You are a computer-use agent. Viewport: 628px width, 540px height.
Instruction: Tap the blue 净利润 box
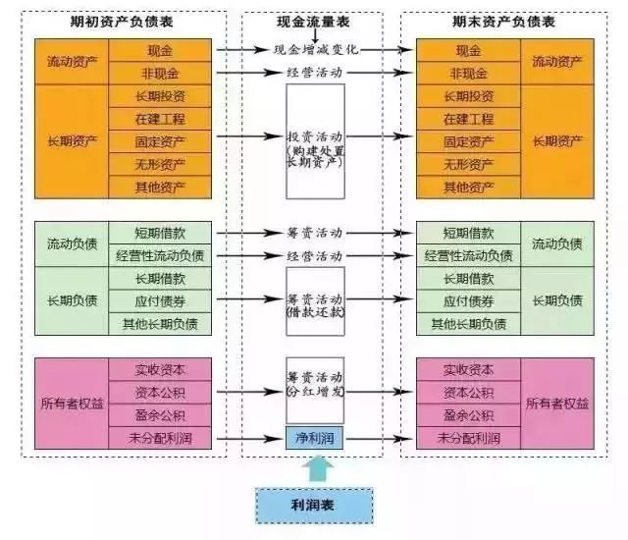(315, 438)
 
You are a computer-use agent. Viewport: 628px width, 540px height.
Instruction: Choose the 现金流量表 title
(315, 22)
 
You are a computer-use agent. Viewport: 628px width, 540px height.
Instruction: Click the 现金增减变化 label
(315, 49)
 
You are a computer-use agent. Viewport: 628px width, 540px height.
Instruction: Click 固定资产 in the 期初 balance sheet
(160, 141)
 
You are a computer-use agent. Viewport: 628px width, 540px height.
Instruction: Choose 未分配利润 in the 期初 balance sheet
(160, 438)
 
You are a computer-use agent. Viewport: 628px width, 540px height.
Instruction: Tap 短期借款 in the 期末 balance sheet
(468, 234)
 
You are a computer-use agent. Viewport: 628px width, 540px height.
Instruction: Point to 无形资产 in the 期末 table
(468, 164)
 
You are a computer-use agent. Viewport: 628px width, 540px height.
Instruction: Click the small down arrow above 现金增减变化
(316, 36)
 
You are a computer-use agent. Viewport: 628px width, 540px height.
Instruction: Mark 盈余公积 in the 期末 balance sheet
(468, 415)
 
